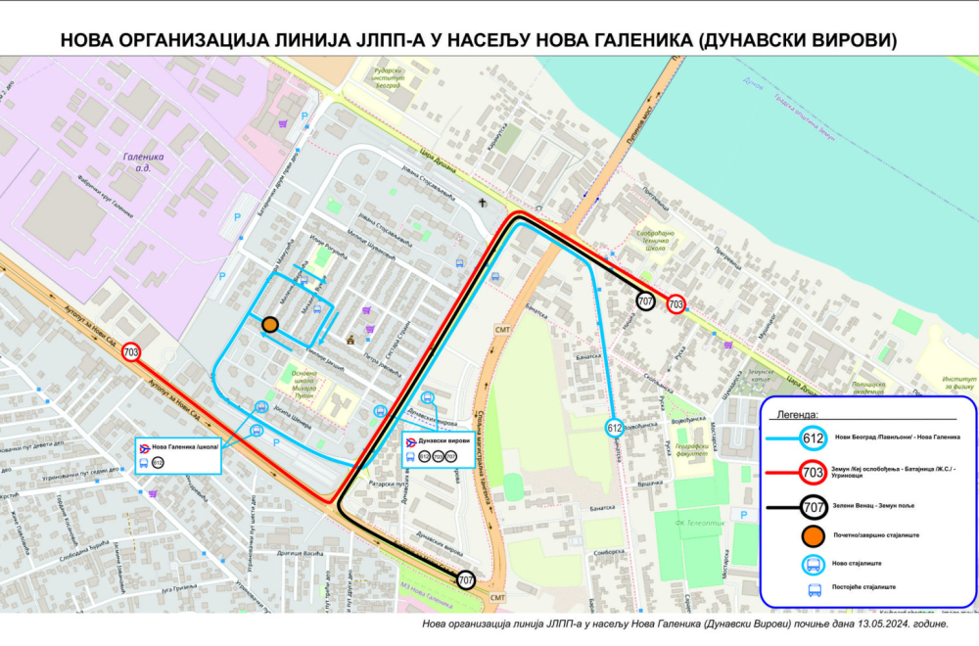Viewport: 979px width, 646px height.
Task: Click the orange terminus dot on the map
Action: pos(270,324)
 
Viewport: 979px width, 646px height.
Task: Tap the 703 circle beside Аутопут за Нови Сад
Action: pos(131,352)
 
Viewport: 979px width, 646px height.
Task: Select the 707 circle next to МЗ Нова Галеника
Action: pos(466,580)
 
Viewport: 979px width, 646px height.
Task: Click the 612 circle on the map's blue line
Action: pos(614,428)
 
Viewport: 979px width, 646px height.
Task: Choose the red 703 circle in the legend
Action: pos(812,473)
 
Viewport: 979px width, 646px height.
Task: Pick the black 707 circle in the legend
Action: pos(812,507)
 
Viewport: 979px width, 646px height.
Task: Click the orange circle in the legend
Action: pos(812,535)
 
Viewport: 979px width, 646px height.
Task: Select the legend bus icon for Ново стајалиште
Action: pos(813,564)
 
